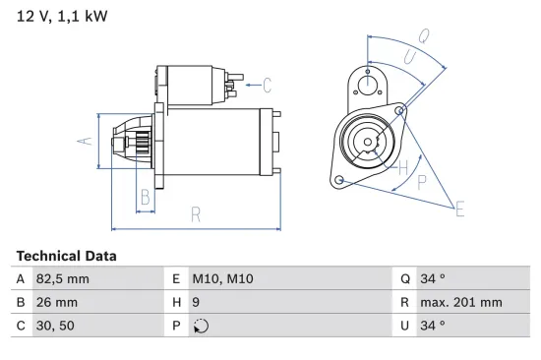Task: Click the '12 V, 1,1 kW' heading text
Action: (x=60, y=18)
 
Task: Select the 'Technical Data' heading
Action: (x=66, y=256)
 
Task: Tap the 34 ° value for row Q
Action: (x=434, y=279)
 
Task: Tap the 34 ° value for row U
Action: (x=434, y=325)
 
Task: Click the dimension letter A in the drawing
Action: (x=85, y=142)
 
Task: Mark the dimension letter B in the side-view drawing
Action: (x=145, y=196)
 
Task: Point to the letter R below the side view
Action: (x=195, y=213)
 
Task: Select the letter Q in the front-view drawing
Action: (x=423, y=35)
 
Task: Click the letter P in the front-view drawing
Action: (x=421, y=181)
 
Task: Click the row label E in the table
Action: (x=176, y=279)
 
